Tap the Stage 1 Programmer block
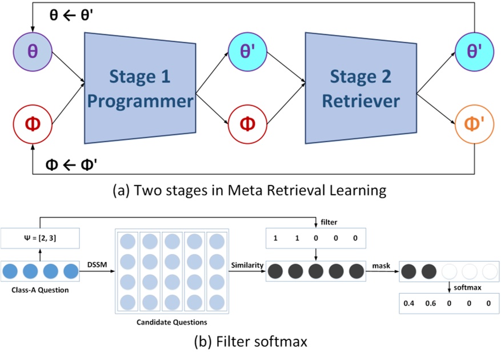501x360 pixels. (x=139, y=88)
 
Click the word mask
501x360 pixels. (x=382, y=264)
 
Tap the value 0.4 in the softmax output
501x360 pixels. (x=408, y=303)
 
